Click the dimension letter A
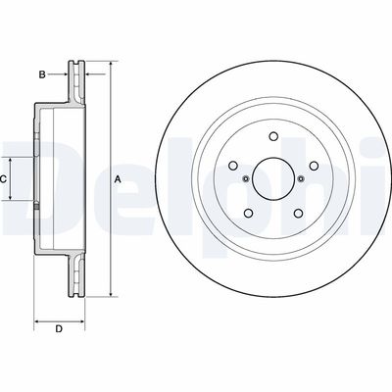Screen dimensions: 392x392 (118, 179)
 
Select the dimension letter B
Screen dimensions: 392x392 (41, 73)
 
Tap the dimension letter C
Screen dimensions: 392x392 (4, 179)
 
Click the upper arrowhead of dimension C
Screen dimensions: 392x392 (14, 160)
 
